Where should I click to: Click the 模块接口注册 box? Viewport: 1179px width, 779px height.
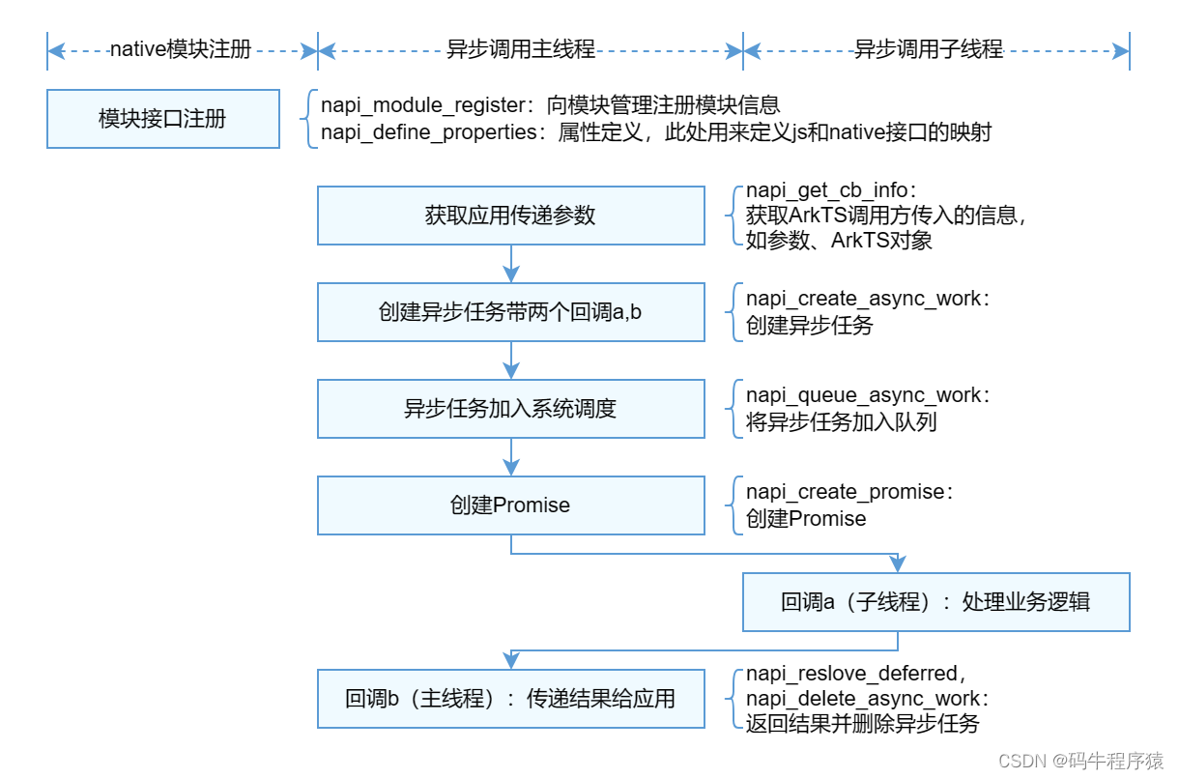point(162,119)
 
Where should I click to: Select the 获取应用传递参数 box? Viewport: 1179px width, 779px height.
point(511,216)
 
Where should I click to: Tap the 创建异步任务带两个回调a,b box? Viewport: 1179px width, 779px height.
point(511,312)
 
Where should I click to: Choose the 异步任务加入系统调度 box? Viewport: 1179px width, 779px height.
point(511,409)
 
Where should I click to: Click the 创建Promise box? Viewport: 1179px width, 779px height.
point(511,505)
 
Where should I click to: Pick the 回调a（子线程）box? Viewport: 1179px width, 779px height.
point(935,602)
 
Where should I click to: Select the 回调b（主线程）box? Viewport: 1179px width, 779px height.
point(511,699)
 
